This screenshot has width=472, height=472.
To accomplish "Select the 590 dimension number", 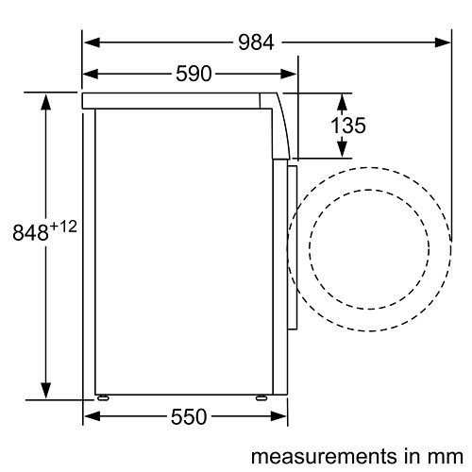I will (193, 74).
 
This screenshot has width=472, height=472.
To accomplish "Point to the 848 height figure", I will (28, 232).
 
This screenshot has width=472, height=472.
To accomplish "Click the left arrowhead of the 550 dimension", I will (91, 415).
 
